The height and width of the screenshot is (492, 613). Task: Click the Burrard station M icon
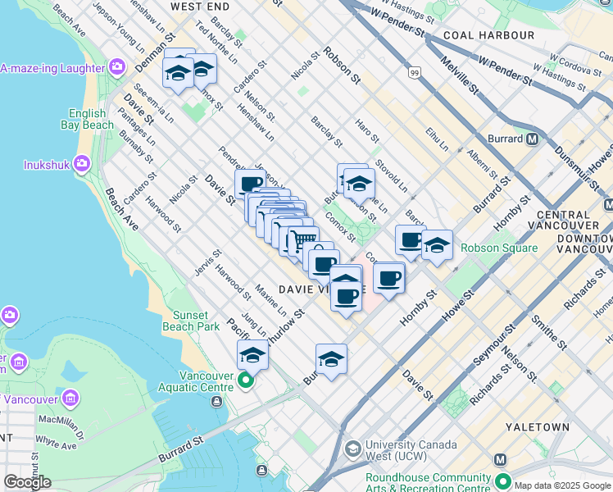(533, 139)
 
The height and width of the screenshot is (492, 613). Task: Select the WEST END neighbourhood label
(198, 6)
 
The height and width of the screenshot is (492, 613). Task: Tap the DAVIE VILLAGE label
(314, 289)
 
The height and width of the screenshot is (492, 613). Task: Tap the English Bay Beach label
(86, 119)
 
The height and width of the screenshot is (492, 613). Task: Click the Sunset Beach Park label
(196, 321)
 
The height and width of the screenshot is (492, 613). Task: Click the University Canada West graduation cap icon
(352, 449)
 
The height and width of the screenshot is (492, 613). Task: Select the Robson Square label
(498, 248)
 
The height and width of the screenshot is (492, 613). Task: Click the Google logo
(27, 482)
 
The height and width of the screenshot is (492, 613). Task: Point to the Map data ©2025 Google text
(561, 485)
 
